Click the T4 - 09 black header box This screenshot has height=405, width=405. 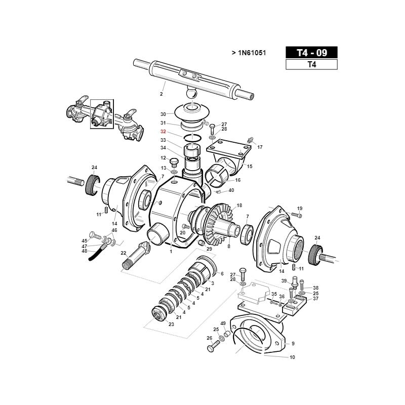(x=311, y=53)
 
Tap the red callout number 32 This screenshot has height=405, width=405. (x=163, y=131)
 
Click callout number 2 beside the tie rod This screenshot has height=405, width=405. (x=161, y=94)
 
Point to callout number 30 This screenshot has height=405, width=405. (x=163, y=114)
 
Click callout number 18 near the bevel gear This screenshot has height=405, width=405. (x=239, y=205)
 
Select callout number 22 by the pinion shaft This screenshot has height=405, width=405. (x=123, y=253)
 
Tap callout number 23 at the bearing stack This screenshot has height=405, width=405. (x=171, y=324)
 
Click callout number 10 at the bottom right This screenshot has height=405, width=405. (x=292, y=357)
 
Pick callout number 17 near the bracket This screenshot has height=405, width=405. (x=260, y=147)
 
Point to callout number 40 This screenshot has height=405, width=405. (x=231, y=190)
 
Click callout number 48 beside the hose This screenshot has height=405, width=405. (x=85, y=251)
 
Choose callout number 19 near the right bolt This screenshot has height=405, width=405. (x=299, y=208)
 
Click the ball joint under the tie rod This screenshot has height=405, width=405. (x=192, y=94)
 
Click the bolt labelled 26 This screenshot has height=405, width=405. (x=213, y=348)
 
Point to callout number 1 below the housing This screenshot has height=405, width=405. (x=171, y=251)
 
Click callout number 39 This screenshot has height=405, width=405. (x=284, y=281)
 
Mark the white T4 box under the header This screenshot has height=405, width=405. (x=311, y=64)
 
